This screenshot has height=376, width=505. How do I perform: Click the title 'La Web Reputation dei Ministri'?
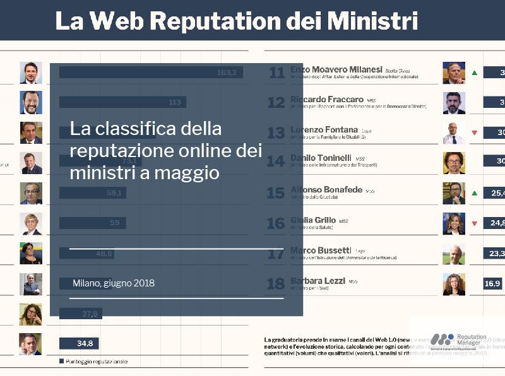[x=236, y=20]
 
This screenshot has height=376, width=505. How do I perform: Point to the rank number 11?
[x=276, y=73]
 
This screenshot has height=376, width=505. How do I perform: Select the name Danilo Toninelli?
[x=321, y=157]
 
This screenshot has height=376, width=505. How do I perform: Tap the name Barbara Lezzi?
[x=318, y=280]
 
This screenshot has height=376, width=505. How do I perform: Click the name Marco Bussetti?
[x=321, y=250]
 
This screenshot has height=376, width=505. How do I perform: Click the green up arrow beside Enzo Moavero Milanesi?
[x=475, y=73]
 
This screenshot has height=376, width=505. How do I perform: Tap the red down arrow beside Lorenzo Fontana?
[x=475, y=133]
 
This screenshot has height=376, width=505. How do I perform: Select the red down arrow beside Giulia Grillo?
[x=475, y=223]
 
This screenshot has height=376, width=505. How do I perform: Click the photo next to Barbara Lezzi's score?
[x=453, y=284]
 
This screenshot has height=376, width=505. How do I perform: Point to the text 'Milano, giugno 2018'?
[x=114, y=283]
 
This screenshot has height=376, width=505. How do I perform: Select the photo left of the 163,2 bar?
[x=30, y=73]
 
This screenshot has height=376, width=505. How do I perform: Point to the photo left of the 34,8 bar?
[x=30, y=344]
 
